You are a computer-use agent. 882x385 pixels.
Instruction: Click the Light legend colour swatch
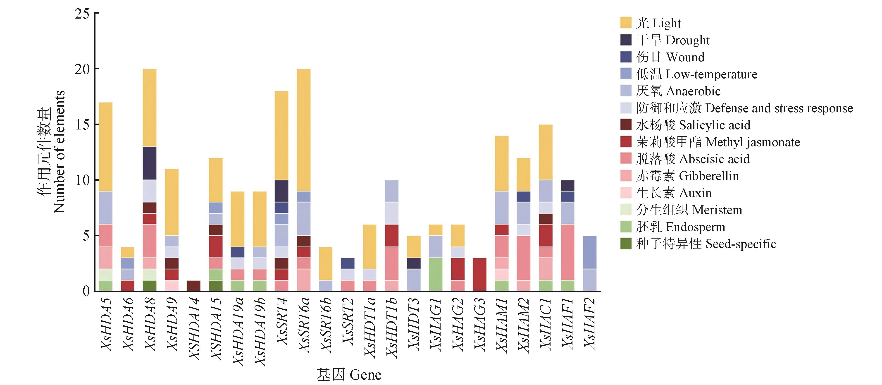pyautogui.click(x=626, y=23)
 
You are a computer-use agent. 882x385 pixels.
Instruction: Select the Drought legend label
pyautogui.click(x=673, y=40)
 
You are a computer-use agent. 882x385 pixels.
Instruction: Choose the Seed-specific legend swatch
pyautogui.click(x=626, y=244)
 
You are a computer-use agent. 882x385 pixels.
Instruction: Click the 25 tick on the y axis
pyautogui.click(x=82, y=14)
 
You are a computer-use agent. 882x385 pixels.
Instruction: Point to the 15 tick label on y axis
pyautogui.click(x=82, y=124)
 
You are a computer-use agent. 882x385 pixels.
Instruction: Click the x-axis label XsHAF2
pyautogui.click(x=590, y=323)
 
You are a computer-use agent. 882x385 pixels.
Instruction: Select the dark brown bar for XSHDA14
pyautogui.click(x=193, y=286)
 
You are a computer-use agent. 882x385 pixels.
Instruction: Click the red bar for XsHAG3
pyautogui.click(x=480, y=274)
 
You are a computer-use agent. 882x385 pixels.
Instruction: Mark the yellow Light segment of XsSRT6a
pyautogui.click(x=304, y=130)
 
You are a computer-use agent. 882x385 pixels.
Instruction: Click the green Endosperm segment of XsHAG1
pyautogui.click(x=436, y=274)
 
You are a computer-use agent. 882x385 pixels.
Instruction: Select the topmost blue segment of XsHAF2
pyautogui.click(x=590, y=252)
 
